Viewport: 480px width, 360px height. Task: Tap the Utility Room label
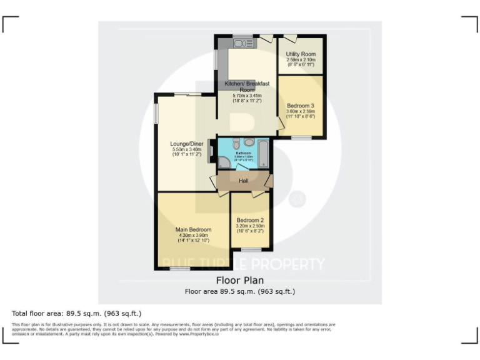click(301, 54)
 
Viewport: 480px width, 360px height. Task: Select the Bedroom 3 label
click(301, 106)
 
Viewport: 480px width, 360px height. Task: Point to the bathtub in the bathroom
click(264, 153)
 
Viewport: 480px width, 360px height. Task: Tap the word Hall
click(245, 181)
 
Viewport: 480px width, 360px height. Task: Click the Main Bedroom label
click(193, 229)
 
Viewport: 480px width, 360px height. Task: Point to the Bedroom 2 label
click(250, 220)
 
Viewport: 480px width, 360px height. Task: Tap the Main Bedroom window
click(180, 269)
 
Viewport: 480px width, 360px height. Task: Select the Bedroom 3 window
click(301, 137)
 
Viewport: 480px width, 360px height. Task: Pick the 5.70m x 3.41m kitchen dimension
click(247, 96)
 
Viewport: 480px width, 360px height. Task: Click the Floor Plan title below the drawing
click(239, 281)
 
